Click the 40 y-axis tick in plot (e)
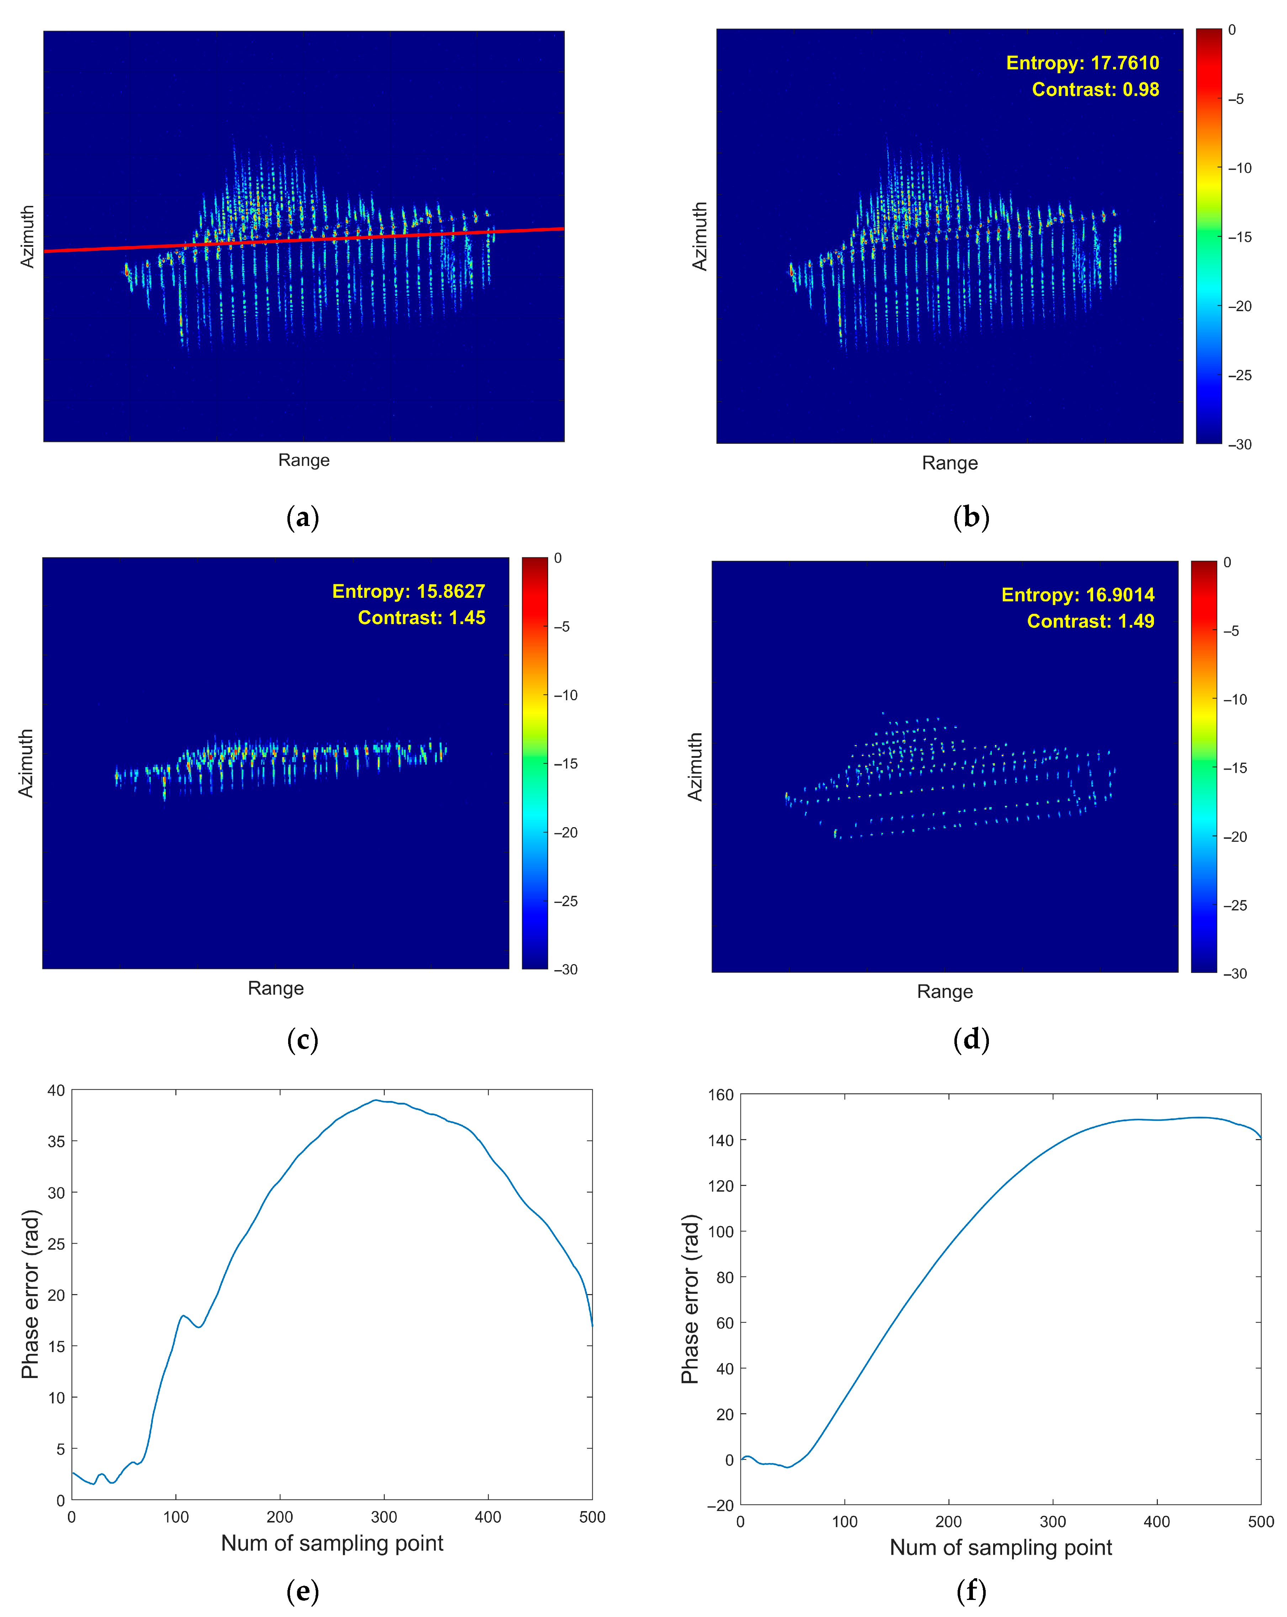56,1090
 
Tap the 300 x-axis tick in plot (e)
384,1516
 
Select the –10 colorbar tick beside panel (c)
566,695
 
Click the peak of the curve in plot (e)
376,1100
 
